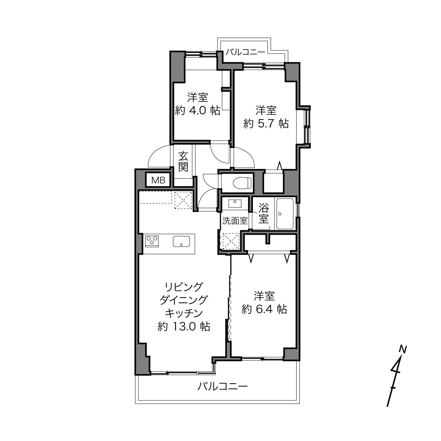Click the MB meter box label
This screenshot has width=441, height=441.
(159, 181)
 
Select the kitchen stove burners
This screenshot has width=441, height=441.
(152, 241)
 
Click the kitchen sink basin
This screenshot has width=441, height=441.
(181, 241)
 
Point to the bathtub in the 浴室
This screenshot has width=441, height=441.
(285, 214)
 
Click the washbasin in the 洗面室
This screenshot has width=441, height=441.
(235, 204)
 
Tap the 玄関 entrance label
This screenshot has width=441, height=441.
(183, 162)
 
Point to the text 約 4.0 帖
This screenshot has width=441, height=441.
(198, 111)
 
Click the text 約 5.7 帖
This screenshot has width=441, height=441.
(266, 124)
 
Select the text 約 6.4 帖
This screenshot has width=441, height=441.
(264, 309)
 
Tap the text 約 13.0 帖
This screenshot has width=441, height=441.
(184, 326)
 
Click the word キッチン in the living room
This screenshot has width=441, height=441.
(184, 313)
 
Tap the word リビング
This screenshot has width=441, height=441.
(184, 287)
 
